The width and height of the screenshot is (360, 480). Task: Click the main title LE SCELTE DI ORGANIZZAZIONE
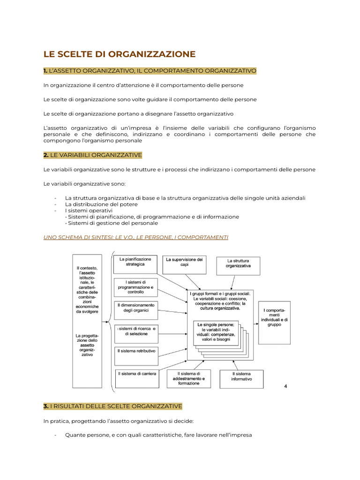(120, 54)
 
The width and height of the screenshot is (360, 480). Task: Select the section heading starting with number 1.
(150, 71)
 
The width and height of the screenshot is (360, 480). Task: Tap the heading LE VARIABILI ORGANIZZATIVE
(92, 155)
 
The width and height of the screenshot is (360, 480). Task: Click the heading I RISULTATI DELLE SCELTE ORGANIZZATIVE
(112, 405)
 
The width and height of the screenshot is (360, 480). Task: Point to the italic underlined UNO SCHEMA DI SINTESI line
(135, 237)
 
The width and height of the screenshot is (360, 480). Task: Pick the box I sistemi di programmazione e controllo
(135, 287)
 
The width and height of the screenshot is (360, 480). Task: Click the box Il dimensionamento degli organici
(135, 308)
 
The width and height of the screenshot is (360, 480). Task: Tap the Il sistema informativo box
(241, 376)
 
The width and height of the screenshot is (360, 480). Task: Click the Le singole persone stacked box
(216, 333)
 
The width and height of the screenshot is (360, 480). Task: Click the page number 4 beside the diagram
(286, 386)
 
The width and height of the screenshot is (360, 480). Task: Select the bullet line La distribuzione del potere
(101, 204)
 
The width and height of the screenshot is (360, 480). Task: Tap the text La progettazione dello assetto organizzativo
(87, 345)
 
